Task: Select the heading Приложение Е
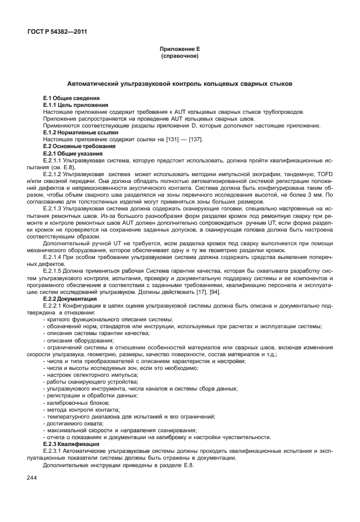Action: click(180, 50)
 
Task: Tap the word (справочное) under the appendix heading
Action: click(180, 57)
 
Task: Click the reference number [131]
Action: click(154, 140)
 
